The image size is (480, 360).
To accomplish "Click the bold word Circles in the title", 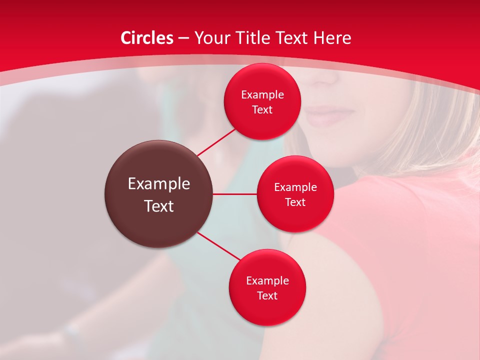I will (x=147, y=38).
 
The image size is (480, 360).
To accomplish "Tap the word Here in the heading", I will (x=333, y=38).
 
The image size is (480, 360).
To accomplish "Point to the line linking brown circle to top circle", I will (x=216, y=142).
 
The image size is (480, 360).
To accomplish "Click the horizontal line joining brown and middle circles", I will (x=235, y=194).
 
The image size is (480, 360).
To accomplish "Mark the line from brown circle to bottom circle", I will (x=219, y=246).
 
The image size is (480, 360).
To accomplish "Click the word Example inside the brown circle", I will (x=159, y=184).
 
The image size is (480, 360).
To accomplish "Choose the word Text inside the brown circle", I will (x=159, y=206).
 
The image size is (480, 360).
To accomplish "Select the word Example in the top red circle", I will (x=262, y=95).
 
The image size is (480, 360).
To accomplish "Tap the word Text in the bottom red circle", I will (x=267, y=296).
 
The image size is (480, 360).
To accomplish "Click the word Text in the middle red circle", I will (x=295, y=202).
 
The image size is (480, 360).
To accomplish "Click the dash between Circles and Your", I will (x=183, y=38).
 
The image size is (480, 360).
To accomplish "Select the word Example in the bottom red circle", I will (x=267, y=281).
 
